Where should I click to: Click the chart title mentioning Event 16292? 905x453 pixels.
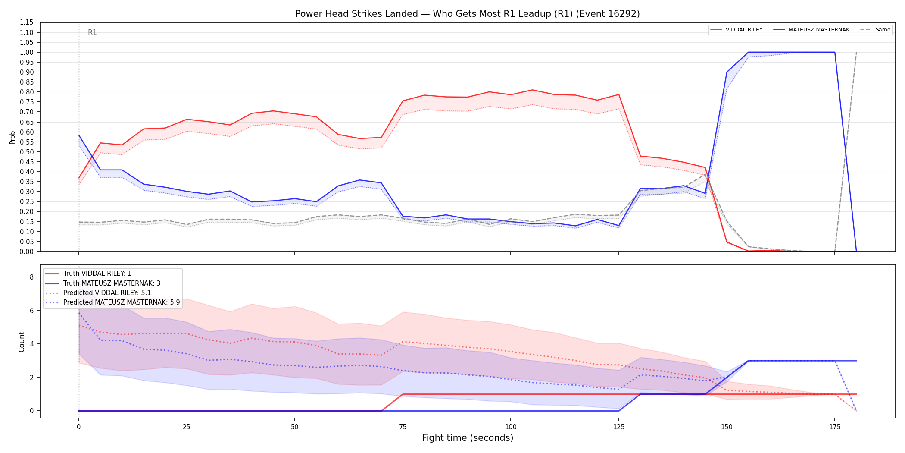click(467, 14)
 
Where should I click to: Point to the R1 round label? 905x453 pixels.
click(92, 32)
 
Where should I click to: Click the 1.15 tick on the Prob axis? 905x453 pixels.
click(26, 22)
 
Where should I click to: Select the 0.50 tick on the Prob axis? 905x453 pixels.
click(26, 152)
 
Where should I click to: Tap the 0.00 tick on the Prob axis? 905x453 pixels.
click(26, 252)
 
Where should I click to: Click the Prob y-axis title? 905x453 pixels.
click(12, 137)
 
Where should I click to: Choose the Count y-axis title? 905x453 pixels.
click(22, 342)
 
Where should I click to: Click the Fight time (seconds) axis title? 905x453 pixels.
click(468, 438)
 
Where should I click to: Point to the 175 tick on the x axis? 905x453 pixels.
click(835, 427)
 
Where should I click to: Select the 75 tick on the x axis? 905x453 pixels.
click(403, 427)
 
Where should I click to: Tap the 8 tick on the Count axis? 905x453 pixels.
click(32, 277)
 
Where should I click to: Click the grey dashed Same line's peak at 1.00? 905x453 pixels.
click(856, 52)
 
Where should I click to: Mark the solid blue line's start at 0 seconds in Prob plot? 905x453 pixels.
click(79, 135)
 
